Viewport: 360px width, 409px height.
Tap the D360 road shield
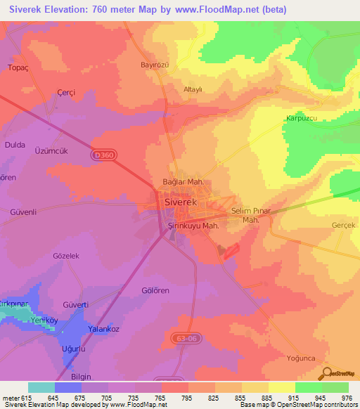point(102,153)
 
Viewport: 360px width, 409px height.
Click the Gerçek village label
point(345,226)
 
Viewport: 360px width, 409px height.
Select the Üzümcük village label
point(51,150)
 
